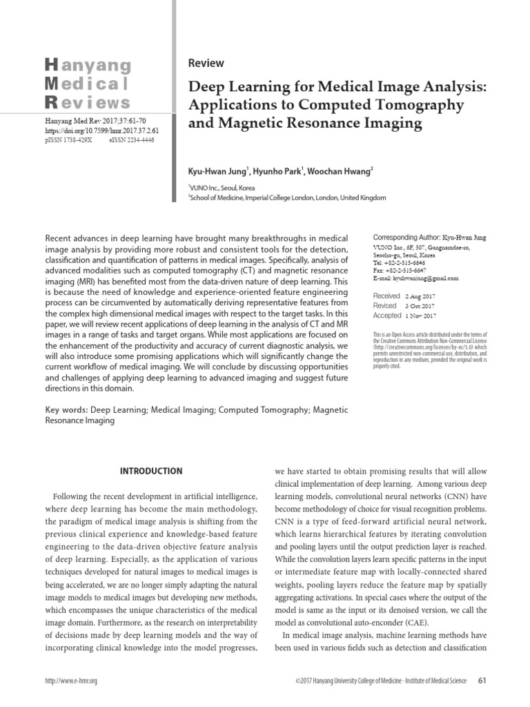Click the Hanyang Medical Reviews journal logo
87,85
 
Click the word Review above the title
206,64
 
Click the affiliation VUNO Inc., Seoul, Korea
222,187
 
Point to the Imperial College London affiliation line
288,197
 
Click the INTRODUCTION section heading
151,472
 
